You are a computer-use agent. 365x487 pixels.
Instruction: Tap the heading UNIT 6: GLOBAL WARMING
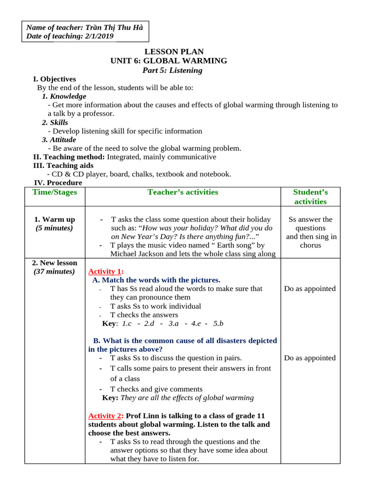pyautogui.click(x=169, y=61)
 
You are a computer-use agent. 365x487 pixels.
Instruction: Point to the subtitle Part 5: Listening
pyautogui.click(x=172, y=70)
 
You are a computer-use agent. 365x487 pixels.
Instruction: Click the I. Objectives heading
pyautogui.click(x=54, y=79)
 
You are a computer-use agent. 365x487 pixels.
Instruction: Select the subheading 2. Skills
pyautogui.click(x=55, y=122)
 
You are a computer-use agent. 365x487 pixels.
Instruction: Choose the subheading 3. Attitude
pyautogui.click(x=58, y=140)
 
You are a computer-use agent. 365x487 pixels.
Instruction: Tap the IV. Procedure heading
pyautogui.click(x=58, y=183)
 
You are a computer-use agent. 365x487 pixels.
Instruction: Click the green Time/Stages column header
pyautogui.click(x=55, y=192)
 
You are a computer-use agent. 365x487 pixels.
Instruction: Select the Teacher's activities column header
pyautogui.click(x=182, y=192)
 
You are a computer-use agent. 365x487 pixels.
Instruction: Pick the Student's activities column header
pyautogui.click(x=310, y=196)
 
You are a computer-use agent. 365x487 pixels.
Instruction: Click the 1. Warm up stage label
pyautogui.click(x=55, y=219)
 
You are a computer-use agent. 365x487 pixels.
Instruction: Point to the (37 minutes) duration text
pyautogui.click(x=54, y=272)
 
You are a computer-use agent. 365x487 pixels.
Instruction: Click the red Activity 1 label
pyautogui.click(x=106, y=272)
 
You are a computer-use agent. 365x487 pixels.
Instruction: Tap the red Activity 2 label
pyautogui.click(x=106, y=416)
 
